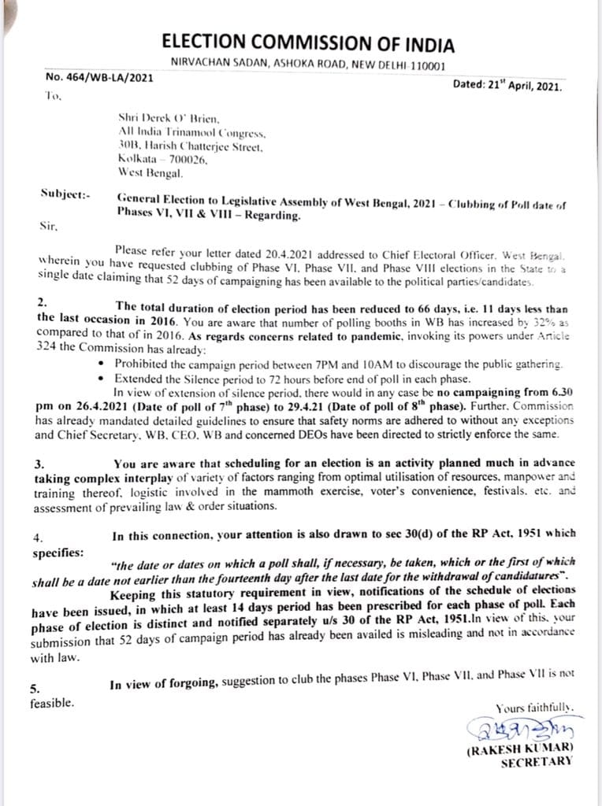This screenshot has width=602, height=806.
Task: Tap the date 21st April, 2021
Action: tap(507, 86)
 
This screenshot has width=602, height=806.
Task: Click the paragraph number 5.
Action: tap(35, 688)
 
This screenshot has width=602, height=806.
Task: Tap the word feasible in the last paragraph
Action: tap(52, 702)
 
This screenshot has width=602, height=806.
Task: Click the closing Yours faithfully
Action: tap(534, 708)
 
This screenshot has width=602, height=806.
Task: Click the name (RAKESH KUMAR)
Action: tap(520, 749)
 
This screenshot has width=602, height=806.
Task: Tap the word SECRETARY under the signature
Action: tap(536, 762)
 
